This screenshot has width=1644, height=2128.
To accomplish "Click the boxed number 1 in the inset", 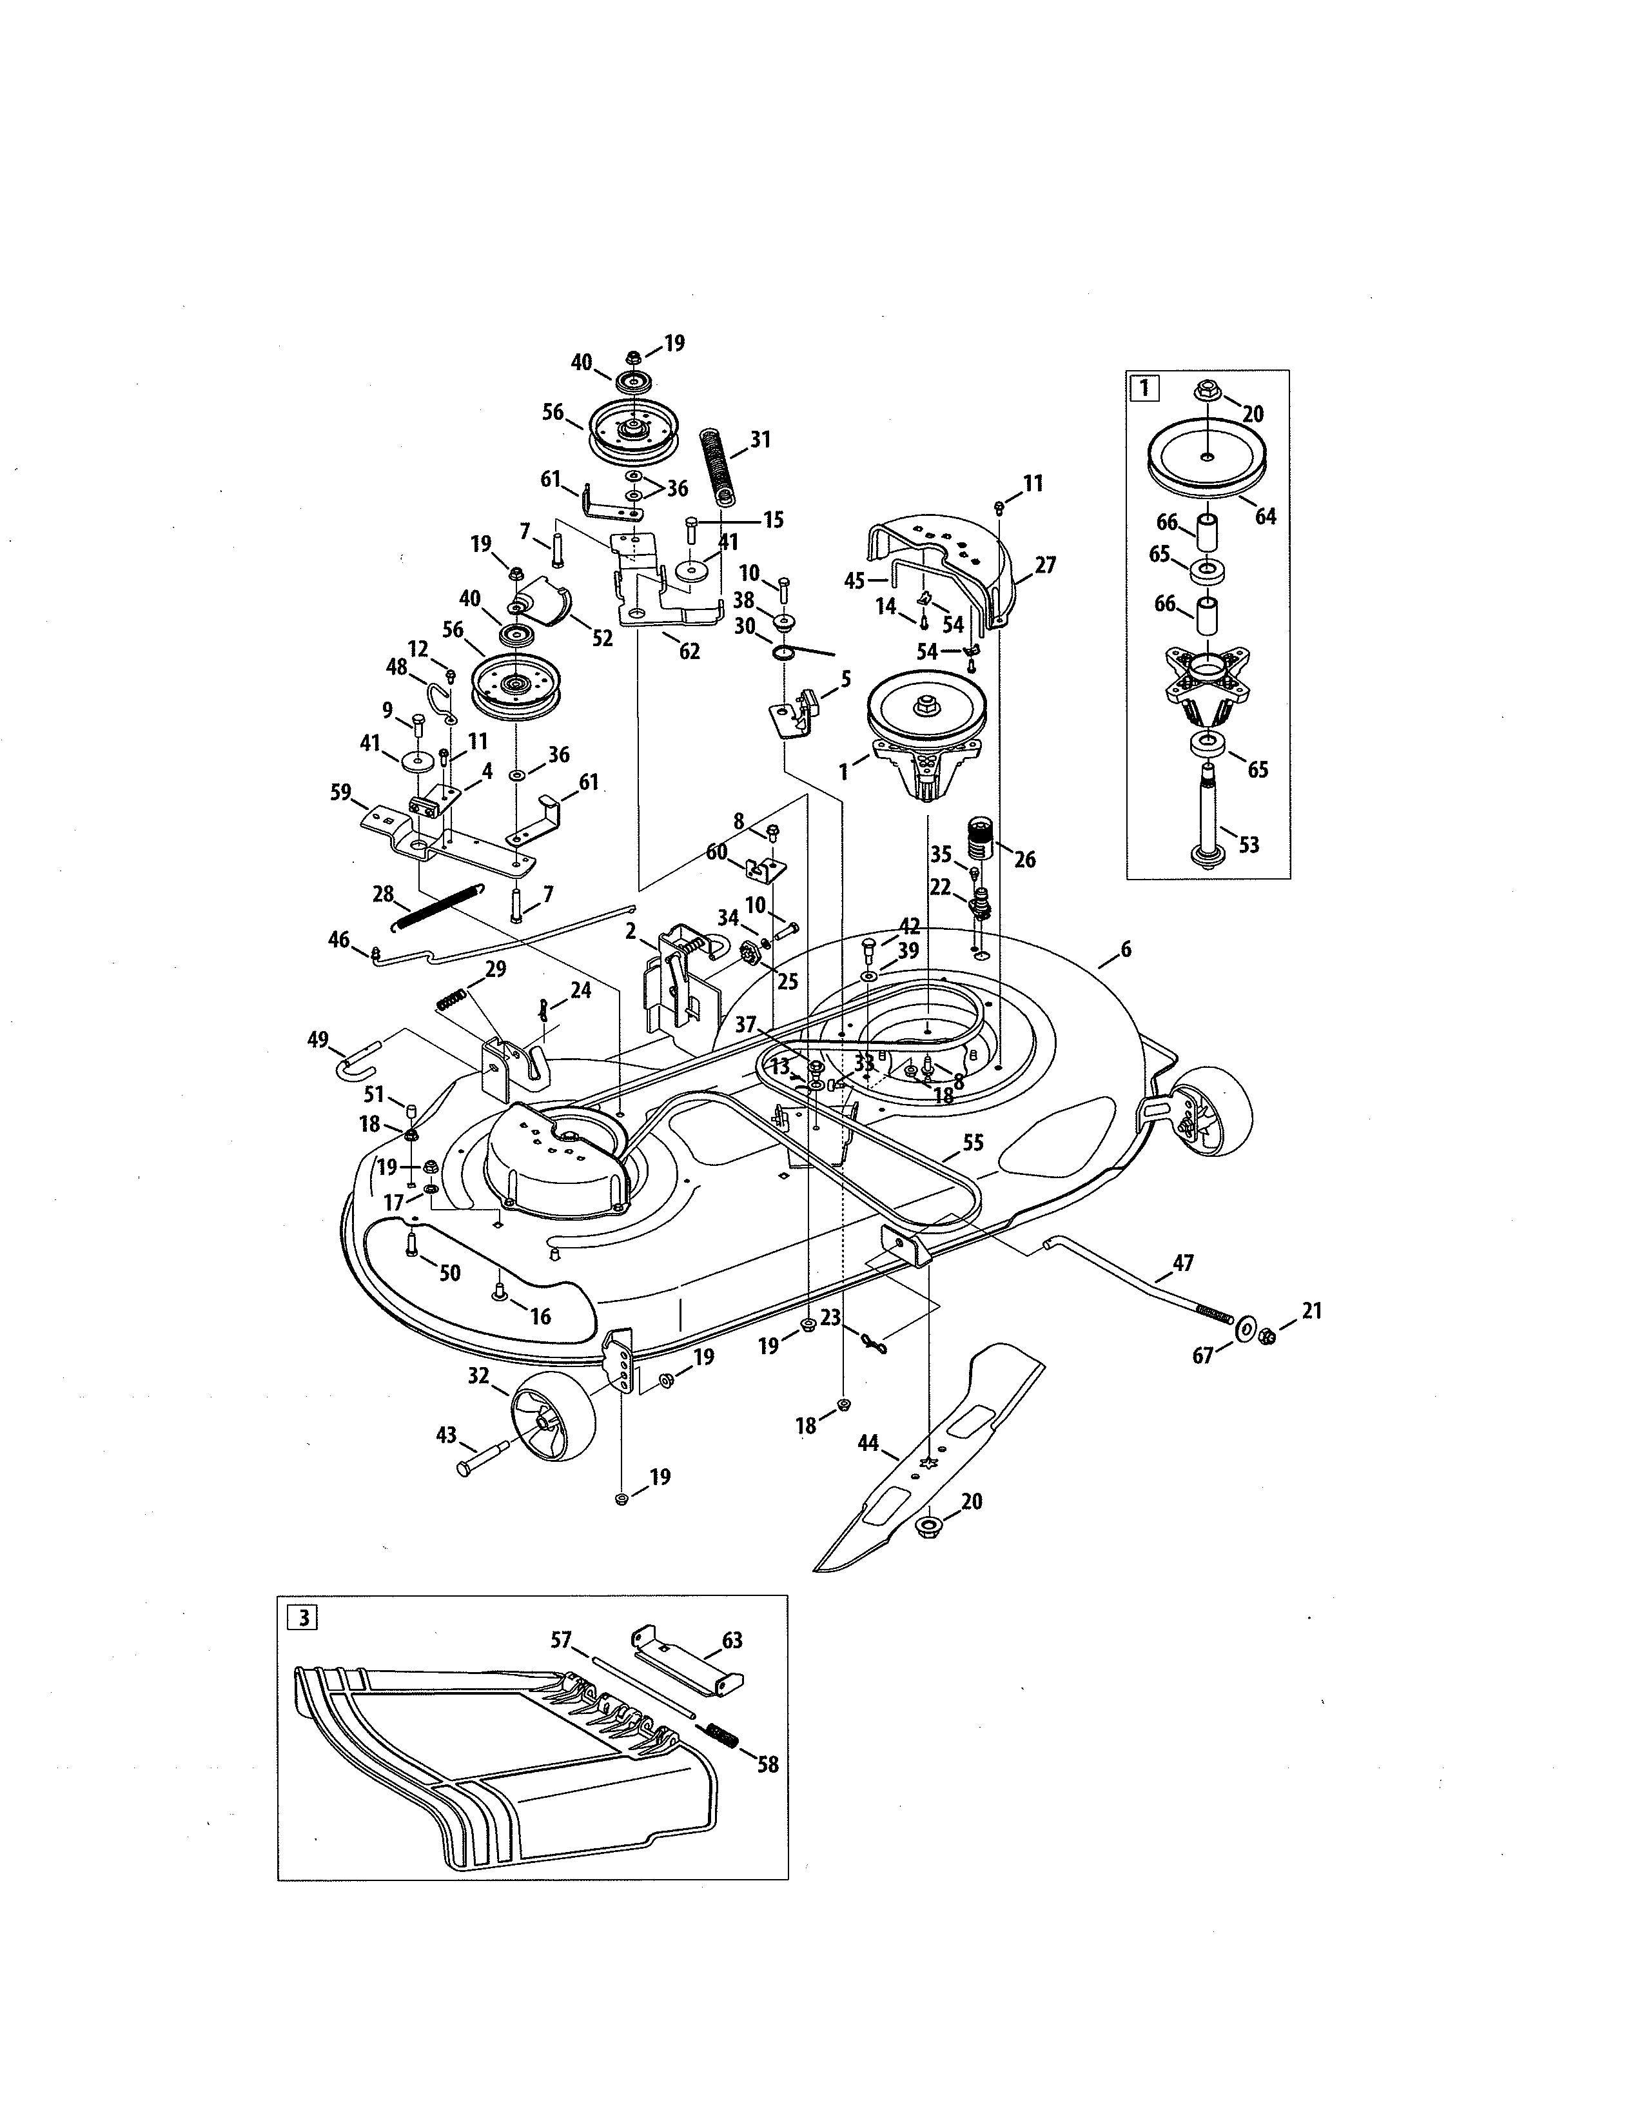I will (1144, 388).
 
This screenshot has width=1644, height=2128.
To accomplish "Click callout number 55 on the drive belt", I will (973, 1142).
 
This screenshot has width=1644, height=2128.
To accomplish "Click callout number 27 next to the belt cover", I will (1045, 565).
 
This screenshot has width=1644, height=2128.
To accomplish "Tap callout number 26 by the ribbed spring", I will (1024, 860).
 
